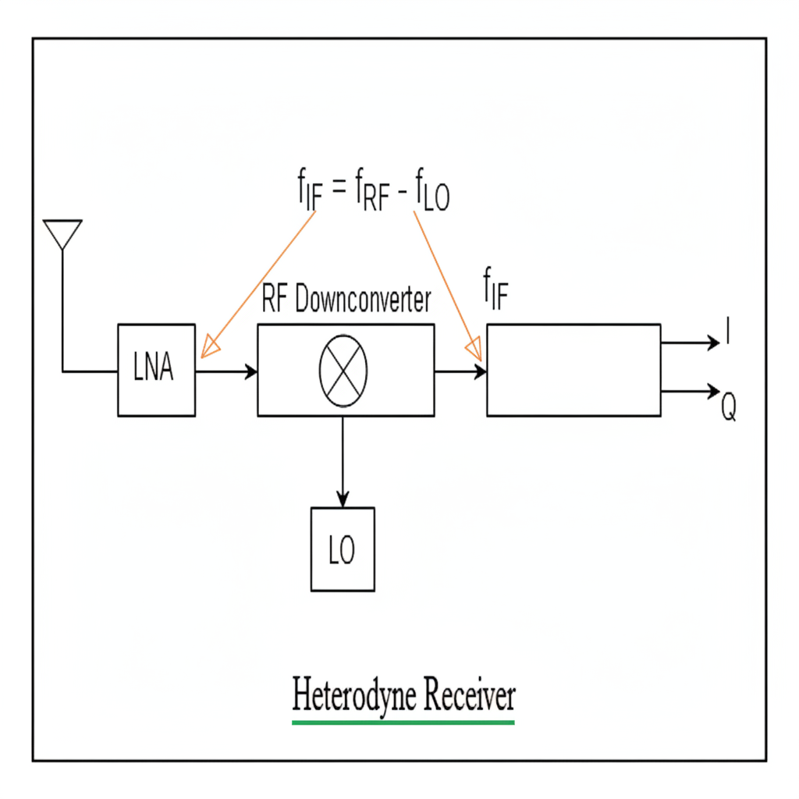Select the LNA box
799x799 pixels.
(x=156, y=370)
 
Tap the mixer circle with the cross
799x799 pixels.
(x=343, y=371)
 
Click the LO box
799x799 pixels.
(x=343, y=549)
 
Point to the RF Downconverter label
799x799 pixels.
(x=346, y=301)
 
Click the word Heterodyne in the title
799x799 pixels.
(x=346, y=694)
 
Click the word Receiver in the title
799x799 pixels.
(x=462, y=694)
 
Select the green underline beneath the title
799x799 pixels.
(x=403, y=723)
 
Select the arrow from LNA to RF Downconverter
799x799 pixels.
(x=226, y=371)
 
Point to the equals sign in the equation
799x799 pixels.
(x=337, y=190)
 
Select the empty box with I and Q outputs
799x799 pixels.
(x=574, y=370)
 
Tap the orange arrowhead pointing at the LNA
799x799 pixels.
(x=208, y=348)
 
